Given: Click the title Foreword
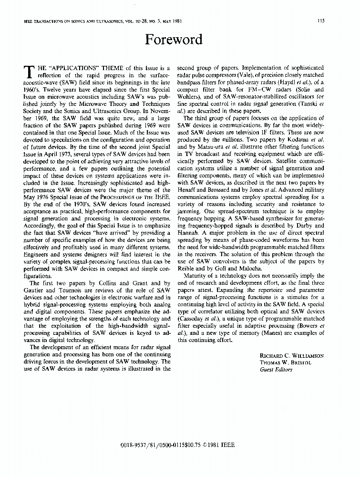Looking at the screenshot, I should click(x=174, y=40).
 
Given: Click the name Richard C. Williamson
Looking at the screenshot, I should click(x=291, y=356).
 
